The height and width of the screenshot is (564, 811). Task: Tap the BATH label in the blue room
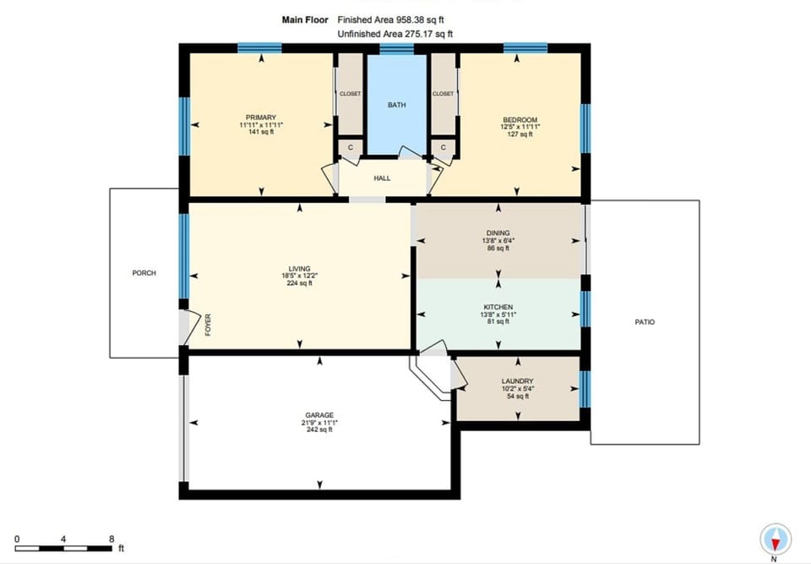pyautogui.click(x=396, y=105)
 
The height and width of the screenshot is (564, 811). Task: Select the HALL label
pyautogui.click(x=382, y=178)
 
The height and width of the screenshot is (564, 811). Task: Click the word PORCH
pyautogui.click(x=144, y=273)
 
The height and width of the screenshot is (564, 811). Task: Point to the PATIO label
pyautogui.click(x=645, y=322)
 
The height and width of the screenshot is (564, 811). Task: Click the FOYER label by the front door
pyautogui.click(x=208, y=325)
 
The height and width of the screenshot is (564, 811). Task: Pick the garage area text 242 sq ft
pyautogui.click(x=319, y=430)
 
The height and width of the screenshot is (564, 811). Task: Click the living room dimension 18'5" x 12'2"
pyautogui.click(x=299, y=276)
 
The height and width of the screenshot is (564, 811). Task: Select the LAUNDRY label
pyautogui.click(x=517, y=381)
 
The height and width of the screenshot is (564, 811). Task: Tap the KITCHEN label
pyautogui.click(x=498, y=307)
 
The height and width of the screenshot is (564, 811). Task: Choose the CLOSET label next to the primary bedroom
pyautogui.click(x=350, y=94)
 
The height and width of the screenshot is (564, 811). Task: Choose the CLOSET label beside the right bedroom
pyautogui.click(x=443, y=94)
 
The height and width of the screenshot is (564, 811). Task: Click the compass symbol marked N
pyautogui.click(x=775, y=539)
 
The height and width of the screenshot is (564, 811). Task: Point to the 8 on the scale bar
pyautogui.click(x=111, y=539)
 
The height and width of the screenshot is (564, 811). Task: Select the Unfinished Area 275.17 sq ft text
pyautogui.click(x=395, y=34)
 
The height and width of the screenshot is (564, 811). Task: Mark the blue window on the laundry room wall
pyautogui.click(x=585, y=388)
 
